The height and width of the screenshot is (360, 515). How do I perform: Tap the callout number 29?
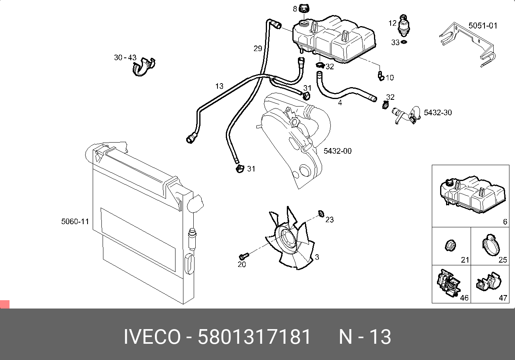pyautogui.click(x=258, y=49)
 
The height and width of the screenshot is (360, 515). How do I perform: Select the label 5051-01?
pyautogui.click(x=483, y=26)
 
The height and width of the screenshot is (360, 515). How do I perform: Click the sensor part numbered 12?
pyautogui.click(x=404, y=25)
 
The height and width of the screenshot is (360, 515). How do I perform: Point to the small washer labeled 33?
pyautogui.click(x=404, y=42)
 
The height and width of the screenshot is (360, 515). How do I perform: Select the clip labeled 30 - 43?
pyautogui.click(x=143, y=67)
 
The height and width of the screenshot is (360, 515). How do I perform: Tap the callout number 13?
pyautogui.click(x=219, y=86)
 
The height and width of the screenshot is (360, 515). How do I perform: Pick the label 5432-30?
pyautogui.click(x=438, y=112)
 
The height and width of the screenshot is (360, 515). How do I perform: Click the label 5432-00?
pyautogui.click(x=338, y=151)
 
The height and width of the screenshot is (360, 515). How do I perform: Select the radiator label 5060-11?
pyautogui.click(x=75, y=222)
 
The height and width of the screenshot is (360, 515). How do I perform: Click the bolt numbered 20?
pyautogui.click(x=244, y=255)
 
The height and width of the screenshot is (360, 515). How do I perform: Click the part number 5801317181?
pyautogui.click(x=254, y=337)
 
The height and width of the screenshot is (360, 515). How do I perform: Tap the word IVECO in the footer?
pyautogui.click(x=152, y=337)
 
